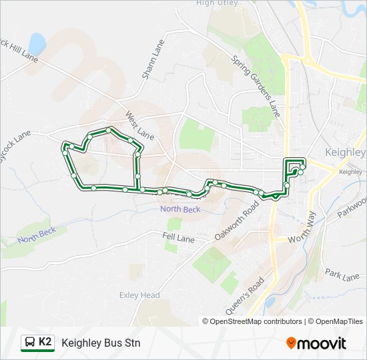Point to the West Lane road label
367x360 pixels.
139,126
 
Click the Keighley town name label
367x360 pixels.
345,152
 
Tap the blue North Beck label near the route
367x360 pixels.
180,209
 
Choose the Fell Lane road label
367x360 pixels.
177,236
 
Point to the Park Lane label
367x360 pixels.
342,275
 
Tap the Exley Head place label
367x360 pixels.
139,295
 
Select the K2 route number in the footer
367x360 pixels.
45,342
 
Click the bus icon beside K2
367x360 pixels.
29,343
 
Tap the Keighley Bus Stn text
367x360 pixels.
101,343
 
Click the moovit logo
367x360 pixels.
316,343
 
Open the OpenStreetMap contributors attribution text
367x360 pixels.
256,321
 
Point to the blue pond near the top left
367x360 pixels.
37,44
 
